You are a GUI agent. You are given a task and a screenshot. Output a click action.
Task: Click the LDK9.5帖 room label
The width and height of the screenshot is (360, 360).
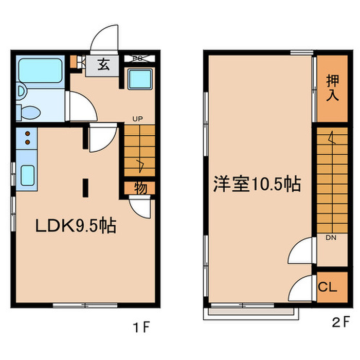tap(75, 226)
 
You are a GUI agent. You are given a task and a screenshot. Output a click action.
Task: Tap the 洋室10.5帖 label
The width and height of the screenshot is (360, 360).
tap(257, 184)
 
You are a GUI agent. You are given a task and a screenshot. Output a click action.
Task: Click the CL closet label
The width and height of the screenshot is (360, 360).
tap(328, 287)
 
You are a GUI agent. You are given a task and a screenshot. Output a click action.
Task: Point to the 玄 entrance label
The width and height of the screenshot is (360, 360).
tap(104, 65)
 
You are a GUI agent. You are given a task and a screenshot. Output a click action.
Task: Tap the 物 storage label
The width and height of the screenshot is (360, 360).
tap(140, 188)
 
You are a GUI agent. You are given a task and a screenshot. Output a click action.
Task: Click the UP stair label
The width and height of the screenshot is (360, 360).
tap(137, 119)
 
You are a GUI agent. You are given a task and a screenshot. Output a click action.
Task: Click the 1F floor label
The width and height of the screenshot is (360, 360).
tap(142, 327)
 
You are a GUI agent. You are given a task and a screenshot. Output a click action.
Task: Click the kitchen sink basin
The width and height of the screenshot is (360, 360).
tap(27, 174)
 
